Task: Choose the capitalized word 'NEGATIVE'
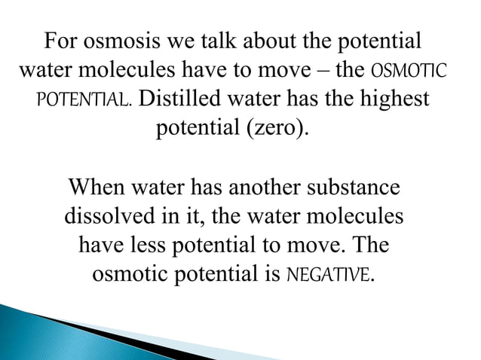[330, 276]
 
